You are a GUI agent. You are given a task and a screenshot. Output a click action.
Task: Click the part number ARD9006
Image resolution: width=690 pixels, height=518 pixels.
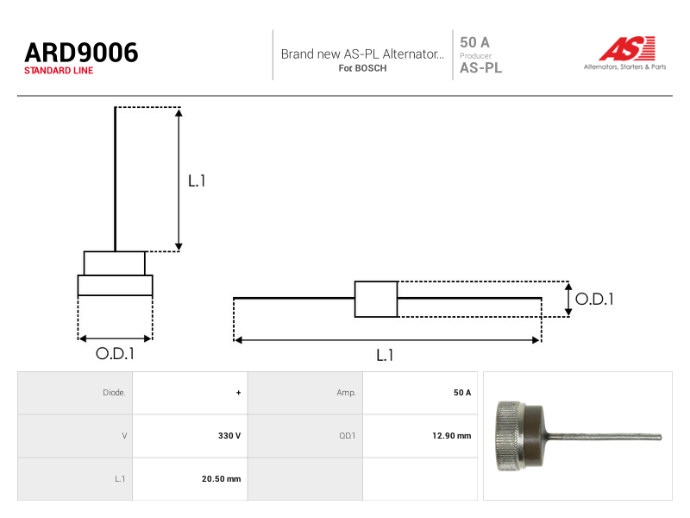[x=81, y=53]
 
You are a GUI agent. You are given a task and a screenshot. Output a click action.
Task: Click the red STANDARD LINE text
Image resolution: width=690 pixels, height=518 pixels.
[x=59, y=71]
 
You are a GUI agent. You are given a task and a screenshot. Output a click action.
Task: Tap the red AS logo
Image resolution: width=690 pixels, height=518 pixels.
[x=627, y=48]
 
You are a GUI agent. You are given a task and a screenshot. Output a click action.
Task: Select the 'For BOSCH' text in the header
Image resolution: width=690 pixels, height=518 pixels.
[x=362, y=68]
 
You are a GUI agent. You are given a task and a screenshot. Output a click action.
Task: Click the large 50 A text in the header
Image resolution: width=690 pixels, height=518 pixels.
[x=474, y=42]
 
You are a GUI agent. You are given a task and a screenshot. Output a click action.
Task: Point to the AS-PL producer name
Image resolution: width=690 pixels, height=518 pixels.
[x=480, y=68]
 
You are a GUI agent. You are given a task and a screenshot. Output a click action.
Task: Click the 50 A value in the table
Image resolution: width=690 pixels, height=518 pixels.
[x=462, y=393]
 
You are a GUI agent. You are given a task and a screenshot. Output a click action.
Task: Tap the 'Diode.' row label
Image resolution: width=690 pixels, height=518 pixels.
[x=114, y=393]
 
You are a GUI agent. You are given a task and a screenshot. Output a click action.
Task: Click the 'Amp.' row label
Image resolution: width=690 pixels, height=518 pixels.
[x=347, y=393]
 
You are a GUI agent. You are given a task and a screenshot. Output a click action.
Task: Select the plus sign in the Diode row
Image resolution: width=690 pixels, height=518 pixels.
[x=239, y=393]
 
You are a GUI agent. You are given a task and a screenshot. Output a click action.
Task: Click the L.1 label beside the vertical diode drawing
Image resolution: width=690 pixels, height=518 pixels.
[x=197, y=180]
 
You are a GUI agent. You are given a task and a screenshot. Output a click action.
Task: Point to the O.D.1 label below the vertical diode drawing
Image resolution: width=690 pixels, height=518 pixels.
[x=115, y=353]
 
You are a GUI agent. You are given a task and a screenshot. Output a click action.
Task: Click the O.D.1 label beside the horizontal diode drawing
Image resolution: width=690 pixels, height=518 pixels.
[x=594, y=299]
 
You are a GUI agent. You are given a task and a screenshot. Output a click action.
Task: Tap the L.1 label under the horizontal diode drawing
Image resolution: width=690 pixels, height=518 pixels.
[x=385, y=355]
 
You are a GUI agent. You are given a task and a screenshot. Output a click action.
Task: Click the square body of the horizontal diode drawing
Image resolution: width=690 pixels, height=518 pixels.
[x=376, y=299]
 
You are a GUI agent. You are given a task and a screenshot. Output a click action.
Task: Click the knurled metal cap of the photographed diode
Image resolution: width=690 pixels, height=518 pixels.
[x=511, y=436]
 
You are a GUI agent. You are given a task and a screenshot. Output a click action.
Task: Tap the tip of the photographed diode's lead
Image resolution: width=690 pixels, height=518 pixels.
[x=660, y=437]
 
